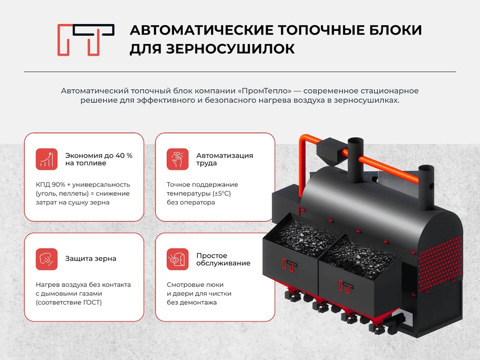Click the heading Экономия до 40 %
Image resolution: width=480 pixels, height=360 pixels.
point(99,155)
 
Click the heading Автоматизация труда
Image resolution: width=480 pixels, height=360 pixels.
point(225,159)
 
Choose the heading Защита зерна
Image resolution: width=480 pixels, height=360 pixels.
point(91,259)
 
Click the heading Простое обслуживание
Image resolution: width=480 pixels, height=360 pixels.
point(223,259)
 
